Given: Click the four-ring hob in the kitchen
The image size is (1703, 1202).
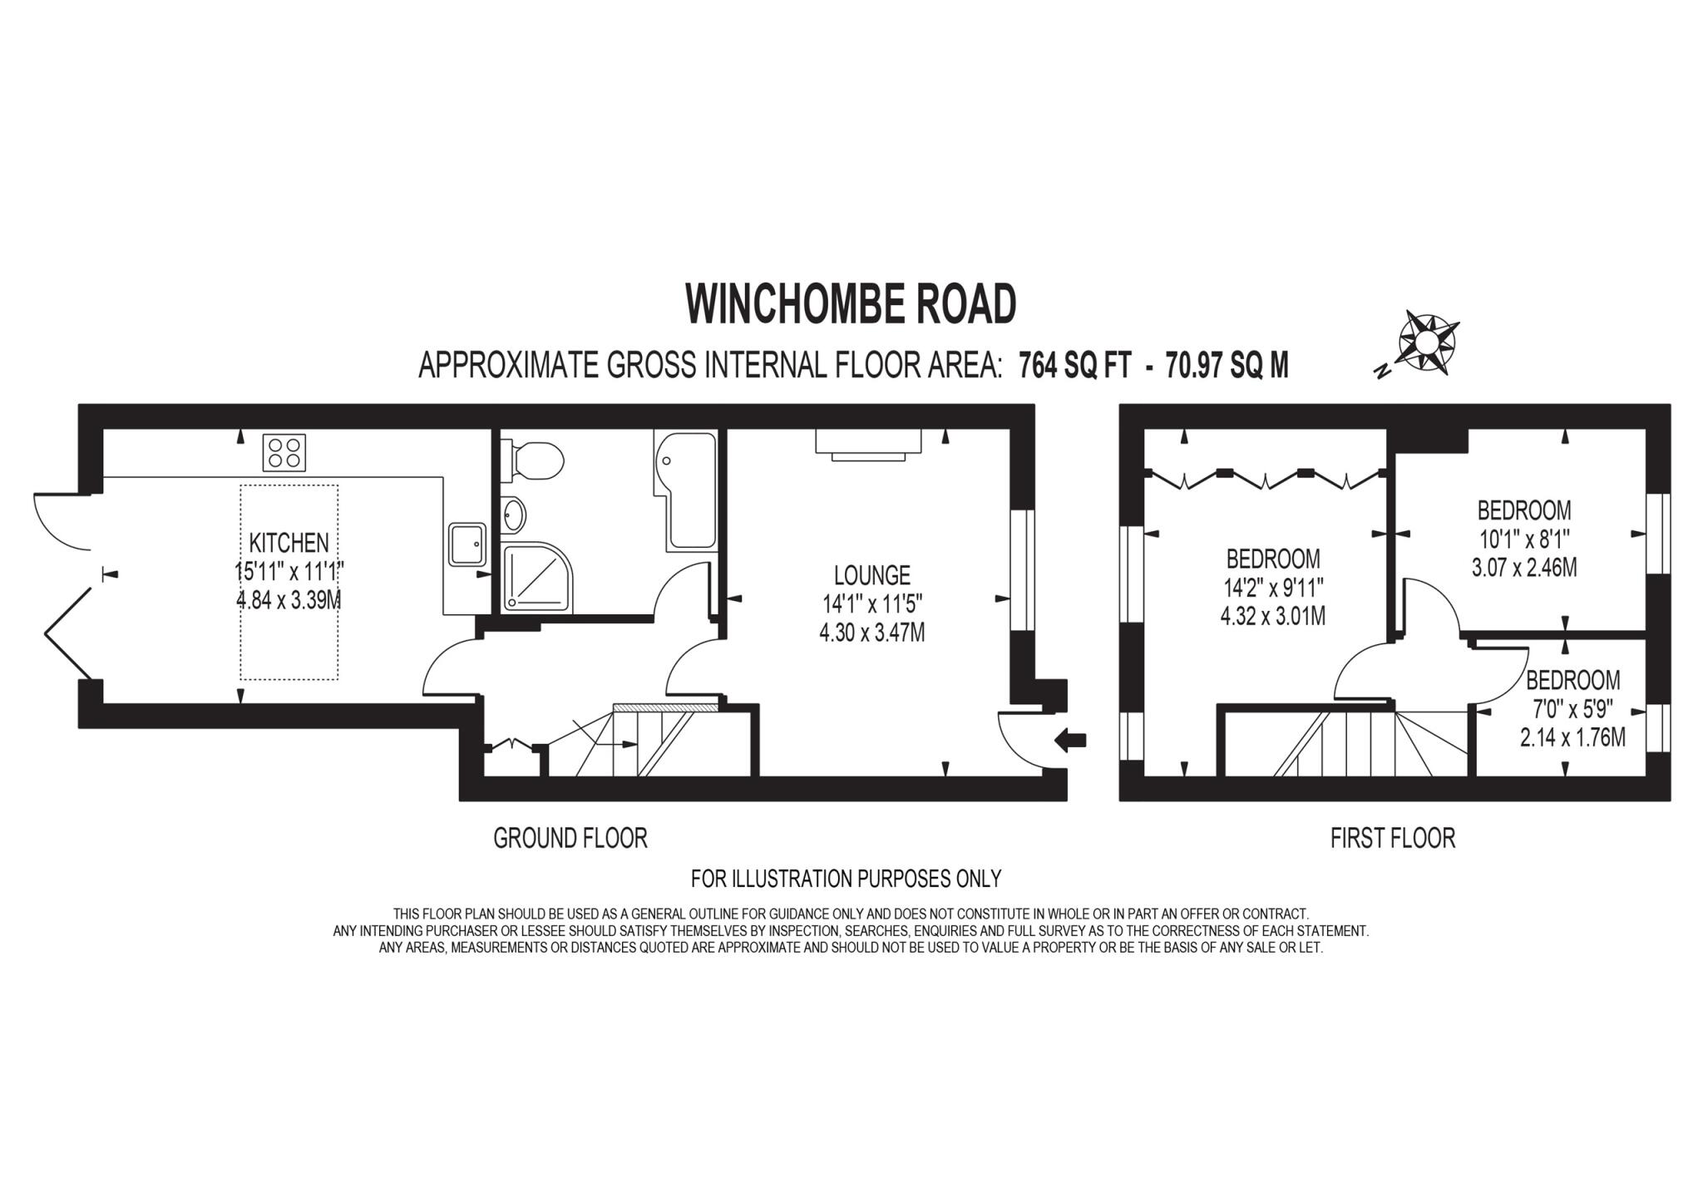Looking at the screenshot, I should pyautogui.click(x=284, y=453).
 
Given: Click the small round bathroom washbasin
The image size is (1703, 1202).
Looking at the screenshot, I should pyautogui.click(x=514, y=515).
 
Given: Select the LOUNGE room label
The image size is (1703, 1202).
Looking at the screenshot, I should pyautogui.click(x=871, y=574).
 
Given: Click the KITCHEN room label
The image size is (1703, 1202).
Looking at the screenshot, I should pyautogui.click(x=289, y=543).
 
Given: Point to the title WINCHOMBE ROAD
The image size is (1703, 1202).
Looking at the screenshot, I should pyautogui.click(x=850, y=304).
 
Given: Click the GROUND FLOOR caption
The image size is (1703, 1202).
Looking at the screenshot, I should pyautogui.click(x=570, y=838).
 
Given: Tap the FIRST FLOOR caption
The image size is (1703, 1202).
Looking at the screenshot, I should pyautogui.click(x=1392, y=838).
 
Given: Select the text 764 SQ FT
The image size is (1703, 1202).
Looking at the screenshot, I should pyautogui.click(x=1074, y=366).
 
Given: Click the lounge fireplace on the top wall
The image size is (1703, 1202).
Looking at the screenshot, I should pyautogui.click(x=867, y=442).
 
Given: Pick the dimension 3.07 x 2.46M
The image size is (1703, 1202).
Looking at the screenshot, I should pyautogui.click(x=1523, y=569).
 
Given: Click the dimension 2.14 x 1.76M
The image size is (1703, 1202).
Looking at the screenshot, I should pyautogui.click(x=1572, y=736).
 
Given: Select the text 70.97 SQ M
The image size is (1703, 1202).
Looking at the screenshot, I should pyautogui.click(x=1227, y=366).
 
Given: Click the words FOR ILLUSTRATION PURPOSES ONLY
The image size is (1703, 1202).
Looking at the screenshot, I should pyautogui.click(x=846, y=878).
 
